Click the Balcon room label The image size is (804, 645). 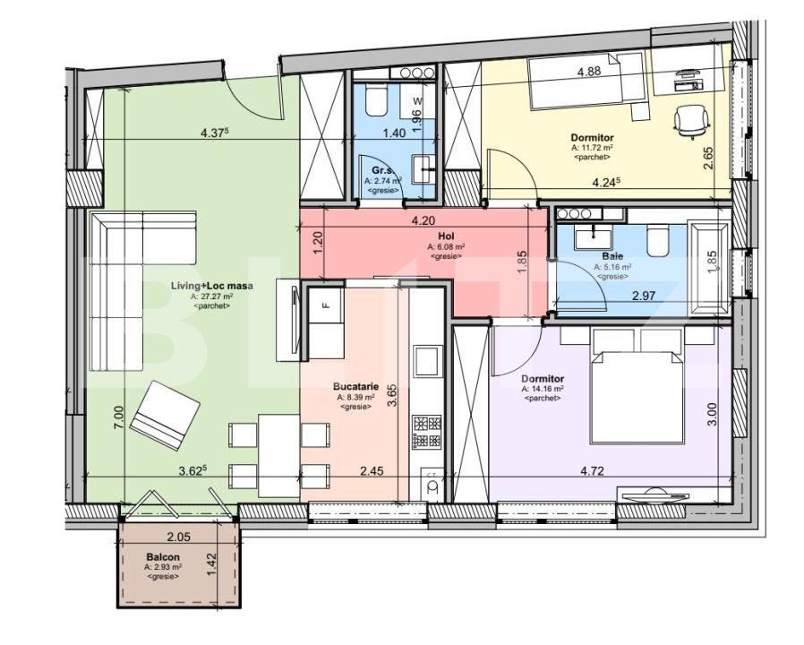click(x=164, y=556)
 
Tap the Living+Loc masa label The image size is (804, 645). click(x=212, y=286)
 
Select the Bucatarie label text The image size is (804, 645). click(x=355, y=387)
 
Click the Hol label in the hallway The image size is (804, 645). click(x=443, y=236)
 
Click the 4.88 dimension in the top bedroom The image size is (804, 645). click(x=588, y=72)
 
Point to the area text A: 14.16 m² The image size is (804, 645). click(x=543, y=390)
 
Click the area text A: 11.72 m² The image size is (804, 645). click(x=592, y=148)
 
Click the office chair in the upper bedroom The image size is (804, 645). click(x=690, y=120)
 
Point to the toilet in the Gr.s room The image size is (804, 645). click(x=374, y=102)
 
